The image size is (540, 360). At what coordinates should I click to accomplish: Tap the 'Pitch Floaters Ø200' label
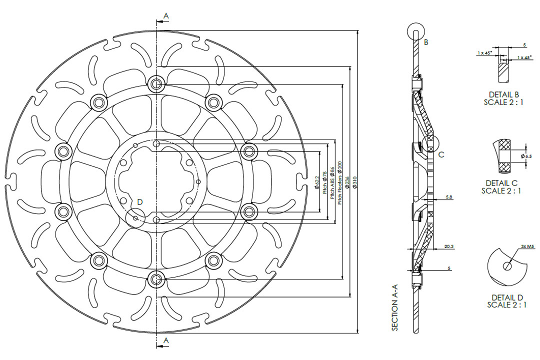point(340,183)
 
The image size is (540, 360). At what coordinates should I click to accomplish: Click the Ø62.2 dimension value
point(317,183)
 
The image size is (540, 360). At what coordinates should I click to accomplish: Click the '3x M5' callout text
point(527,246)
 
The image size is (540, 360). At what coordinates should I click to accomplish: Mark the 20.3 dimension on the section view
point(448,246)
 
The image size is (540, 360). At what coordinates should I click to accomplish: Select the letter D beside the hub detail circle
point(140,201)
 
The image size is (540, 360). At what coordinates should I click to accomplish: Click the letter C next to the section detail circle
point(441,154)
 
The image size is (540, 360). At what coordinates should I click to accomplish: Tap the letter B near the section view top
point(426,42)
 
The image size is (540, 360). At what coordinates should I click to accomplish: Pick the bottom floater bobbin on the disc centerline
point(157,278)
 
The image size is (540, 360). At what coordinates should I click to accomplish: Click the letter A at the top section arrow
point(166,16)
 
